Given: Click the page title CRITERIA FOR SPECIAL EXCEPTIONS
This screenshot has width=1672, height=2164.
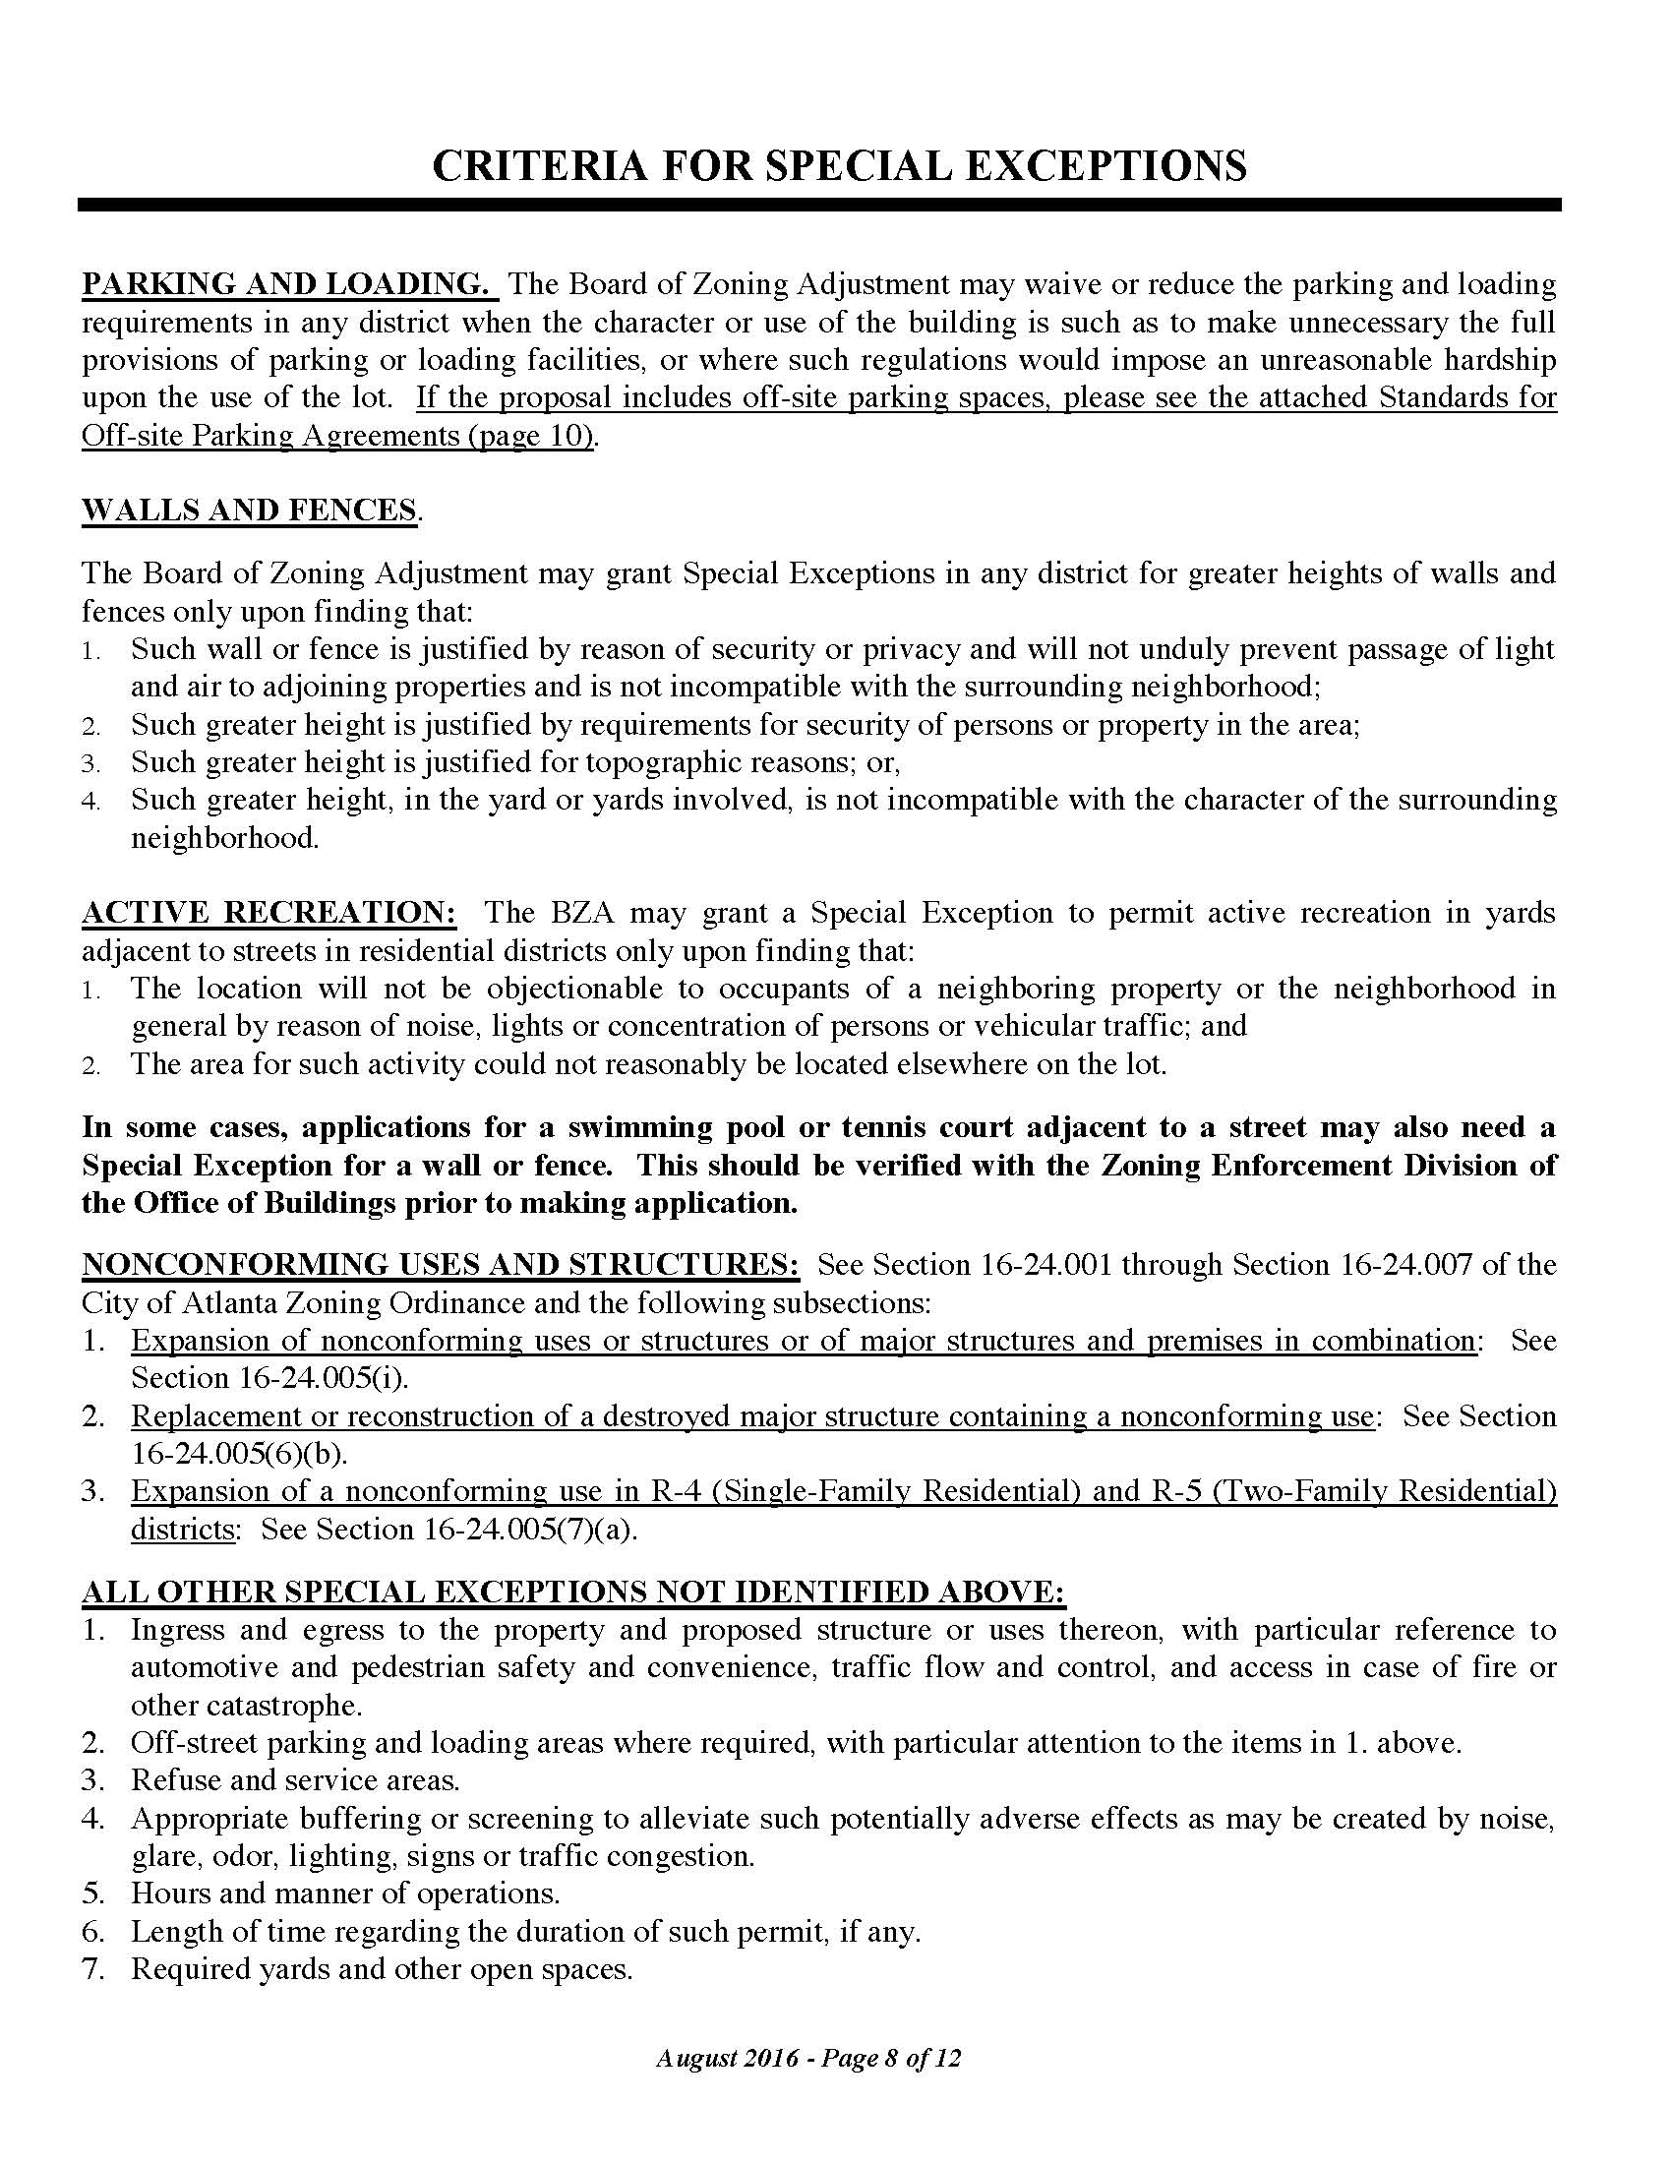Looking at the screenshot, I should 839,165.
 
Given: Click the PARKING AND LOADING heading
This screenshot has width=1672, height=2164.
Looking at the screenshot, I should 286,284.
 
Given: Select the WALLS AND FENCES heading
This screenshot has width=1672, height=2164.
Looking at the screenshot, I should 250,511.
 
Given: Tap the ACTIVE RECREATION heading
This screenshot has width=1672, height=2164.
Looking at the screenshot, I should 269,913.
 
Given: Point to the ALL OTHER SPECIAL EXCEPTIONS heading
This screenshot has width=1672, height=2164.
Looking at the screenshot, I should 572,1593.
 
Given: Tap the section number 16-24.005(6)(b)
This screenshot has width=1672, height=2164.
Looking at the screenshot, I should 239,1454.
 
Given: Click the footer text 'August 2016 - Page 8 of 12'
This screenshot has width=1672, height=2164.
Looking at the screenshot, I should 807,2059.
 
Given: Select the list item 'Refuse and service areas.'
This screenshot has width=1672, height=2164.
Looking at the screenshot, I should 295,1780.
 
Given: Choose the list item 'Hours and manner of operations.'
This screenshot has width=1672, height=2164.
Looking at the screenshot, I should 344,1893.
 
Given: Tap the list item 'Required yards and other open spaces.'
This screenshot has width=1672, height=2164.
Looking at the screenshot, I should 382,1969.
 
